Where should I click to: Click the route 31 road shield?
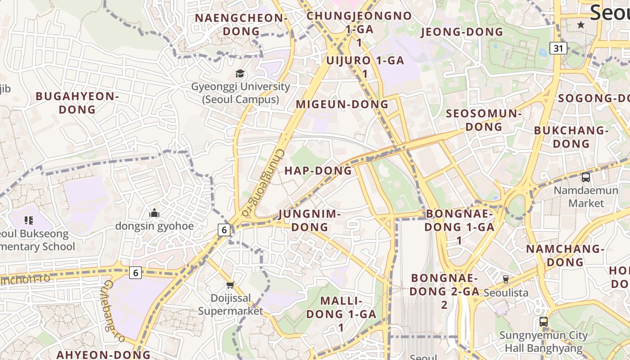(558, 48)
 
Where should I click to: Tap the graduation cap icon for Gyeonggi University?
(241, 73)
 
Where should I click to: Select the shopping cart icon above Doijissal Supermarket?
(230, 285)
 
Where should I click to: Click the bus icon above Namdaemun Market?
(585, 177)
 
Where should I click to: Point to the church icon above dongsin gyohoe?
(154, 213)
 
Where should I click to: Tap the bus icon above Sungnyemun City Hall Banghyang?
(544, 322)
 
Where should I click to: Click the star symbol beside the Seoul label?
(581, 25)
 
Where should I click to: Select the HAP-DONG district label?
(318, 171)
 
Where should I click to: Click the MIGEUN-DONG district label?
(342, 104)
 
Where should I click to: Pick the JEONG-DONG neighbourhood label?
(462, 32)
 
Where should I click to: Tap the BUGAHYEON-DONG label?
(77, 103)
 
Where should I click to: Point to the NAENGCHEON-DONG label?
(241, 24)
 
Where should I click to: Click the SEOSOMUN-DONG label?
(484, 120)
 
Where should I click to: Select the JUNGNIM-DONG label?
(310, 220)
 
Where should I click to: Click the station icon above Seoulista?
(506, 279)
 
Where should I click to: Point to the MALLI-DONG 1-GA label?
(341, 314)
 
